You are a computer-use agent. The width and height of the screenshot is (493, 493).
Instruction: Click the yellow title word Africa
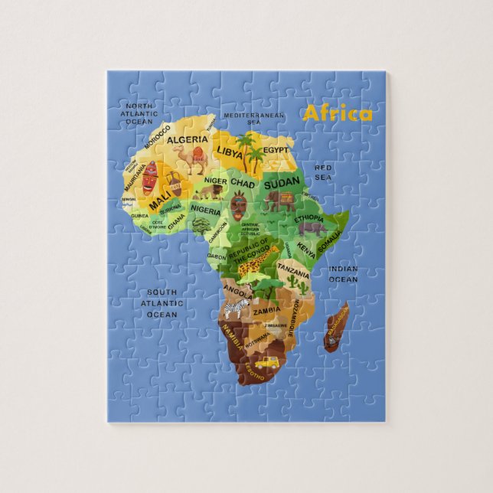(x=338, y=114)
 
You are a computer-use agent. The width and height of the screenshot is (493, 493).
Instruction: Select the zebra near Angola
(x=241, y=309)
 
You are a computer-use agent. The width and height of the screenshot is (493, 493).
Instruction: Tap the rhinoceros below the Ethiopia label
(x=312, y=227)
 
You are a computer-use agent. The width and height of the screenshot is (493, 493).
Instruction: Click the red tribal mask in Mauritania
(x=150, y=175)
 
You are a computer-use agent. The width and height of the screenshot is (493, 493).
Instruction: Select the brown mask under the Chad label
(x=239, y=205)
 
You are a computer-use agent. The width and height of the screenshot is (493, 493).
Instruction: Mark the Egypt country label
(x=276, y=151)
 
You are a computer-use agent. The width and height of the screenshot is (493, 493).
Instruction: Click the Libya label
(x=229, y=152)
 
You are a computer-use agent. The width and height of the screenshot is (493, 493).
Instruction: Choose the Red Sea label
(x=323, y=171)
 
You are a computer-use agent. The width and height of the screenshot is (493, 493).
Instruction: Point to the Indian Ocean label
(x=343, y=274)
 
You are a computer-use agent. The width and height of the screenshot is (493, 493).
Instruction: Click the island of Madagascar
(x=335, y=327)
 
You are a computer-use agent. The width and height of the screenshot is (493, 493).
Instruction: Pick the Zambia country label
(x=266, y=311)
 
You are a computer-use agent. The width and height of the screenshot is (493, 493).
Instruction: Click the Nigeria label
(x=205, y=209)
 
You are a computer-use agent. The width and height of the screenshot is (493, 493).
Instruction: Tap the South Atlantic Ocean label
(x=162, y=303)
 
